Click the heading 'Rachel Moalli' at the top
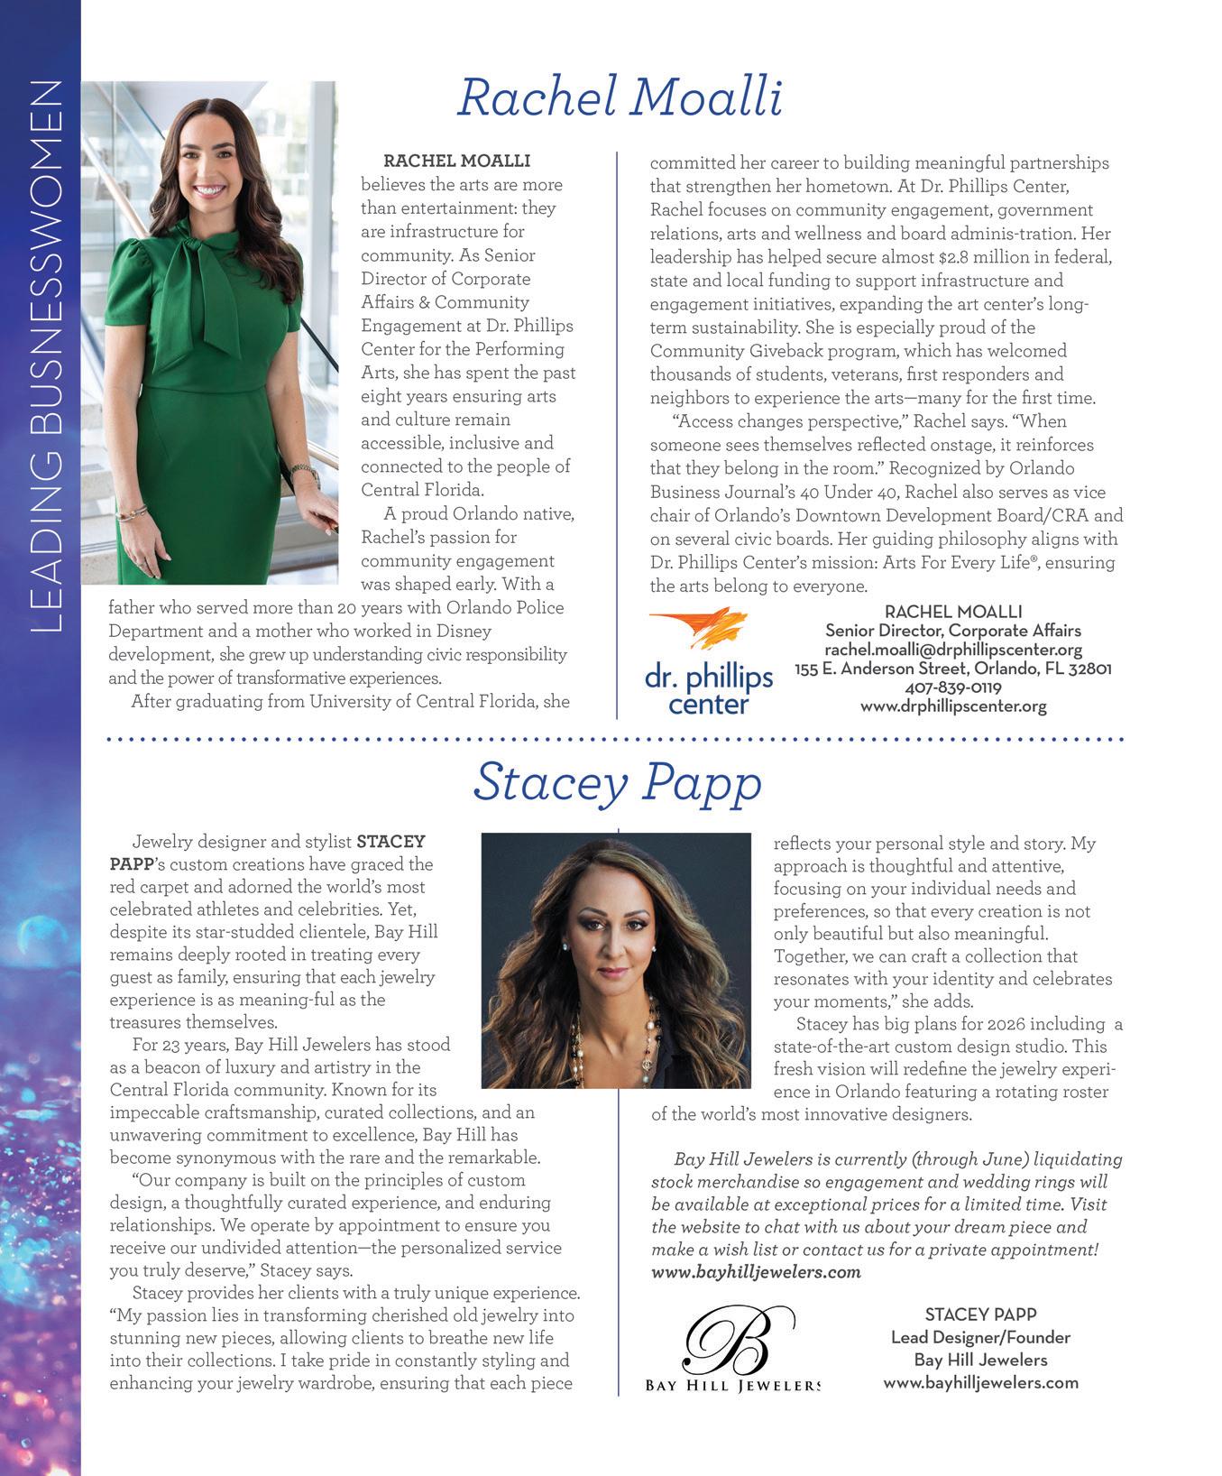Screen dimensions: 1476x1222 click(620, 97)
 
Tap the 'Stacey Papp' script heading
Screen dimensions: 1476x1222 click(618, 782)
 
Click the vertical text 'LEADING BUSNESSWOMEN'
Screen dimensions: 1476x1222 click(46, 356)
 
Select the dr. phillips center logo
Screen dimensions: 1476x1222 click(708, 663)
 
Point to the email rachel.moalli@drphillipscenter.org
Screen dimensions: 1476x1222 click(952, 650)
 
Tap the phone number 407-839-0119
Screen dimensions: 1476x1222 click(952, 687)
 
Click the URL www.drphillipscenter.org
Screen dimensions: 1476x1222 click(952, 706)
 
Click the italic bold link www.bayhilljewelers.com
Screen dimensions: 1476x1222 click(756, 1272)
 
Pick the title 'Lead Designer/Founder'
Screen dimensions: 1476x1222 click(979, 1337)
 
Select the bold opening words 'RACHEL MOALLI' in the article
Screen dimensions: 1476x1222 click(456, 161)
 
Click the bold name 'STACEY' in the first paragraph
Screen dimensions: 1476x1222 click(390, 842)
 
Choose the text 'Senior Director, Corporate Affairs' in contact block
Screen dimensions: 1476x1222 click(952, 631)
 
